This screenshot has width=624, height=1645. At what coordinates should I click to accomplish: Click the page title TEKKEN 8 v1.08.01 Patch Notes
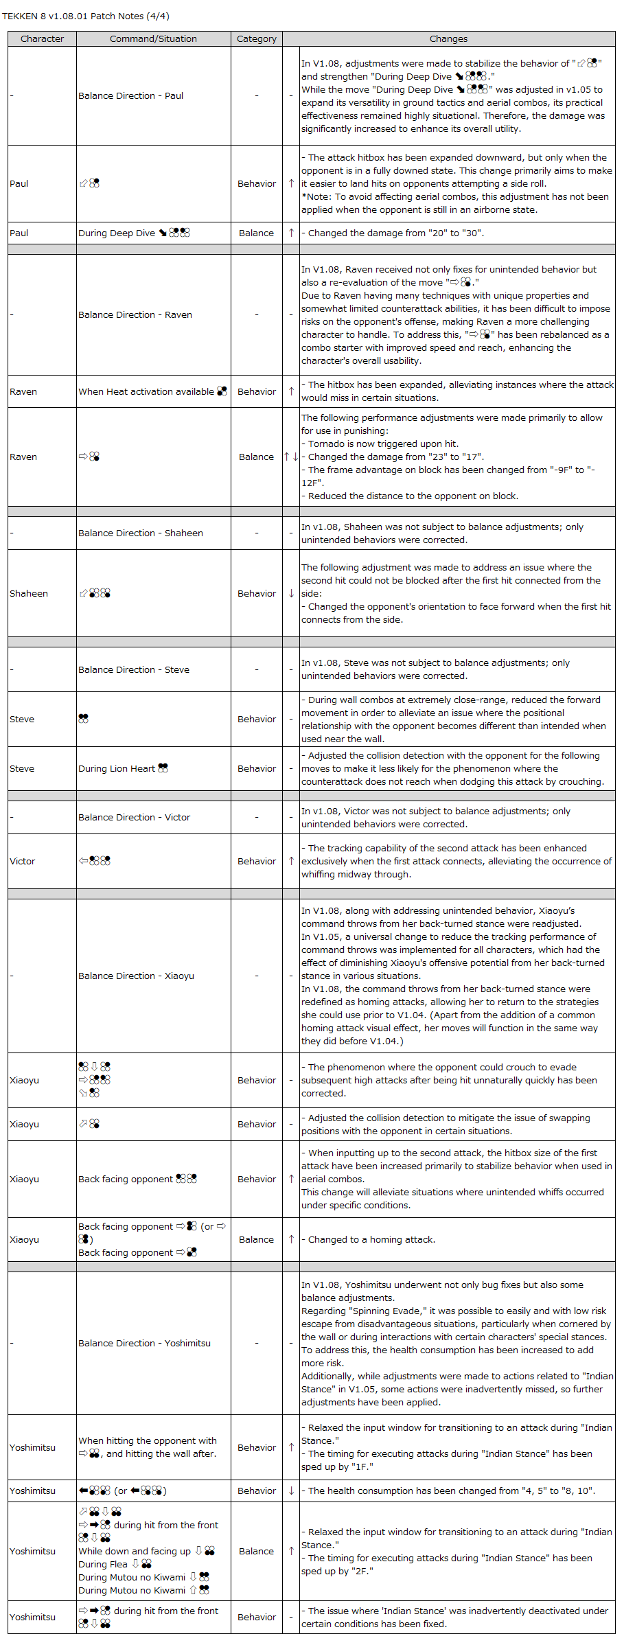(86, 16)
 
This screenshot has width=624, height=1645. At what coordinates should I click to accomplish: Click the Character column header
(42, 39)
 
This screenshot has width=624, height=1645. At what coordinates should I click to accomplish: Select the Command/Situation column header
(153, 39)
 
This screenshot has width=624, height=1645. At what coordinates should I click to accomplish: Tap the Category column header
(256, 39)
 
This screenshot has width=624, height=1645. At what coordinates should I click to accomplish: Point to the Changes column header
(448, 39)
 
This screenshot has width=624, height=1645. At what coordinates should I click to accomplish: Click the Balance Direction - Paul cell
(130, 96)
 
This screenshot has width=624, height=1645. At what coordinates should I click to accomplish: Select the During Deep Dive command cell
(134, 233)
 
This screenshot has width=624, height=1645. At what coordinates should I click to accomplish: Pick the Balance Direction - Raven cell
(135, 315)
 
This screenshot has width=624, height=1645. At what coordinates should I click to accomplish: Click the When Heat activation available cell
(152, 392)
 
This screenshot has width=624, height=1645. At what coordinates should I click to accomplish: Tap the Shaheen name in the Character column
(29, 594)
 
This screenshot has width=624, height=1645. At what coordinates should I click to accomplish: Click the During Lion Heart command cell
(123, 769)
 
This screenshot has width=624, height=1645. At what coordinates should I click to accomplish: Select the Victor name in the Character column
(22, 862)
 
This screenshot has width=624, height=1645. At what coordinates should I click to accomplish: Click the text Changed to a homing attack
(371, 1240)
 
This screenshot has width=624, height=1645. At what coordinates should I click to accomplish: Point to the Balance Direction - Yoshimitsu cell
(144, 1344)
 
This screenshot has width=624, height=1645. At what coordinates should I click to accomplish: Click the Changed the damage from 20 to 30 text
(395, 233)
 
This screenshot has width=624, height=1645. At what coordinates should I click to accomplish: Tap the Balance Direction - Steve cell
(133, 670)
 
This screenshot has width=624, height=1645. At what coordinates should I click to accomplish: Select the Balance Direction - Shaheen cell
(140, 533)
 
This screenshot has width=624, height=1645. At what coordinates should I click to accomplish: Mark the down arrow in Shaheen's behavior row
(291, 594)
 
